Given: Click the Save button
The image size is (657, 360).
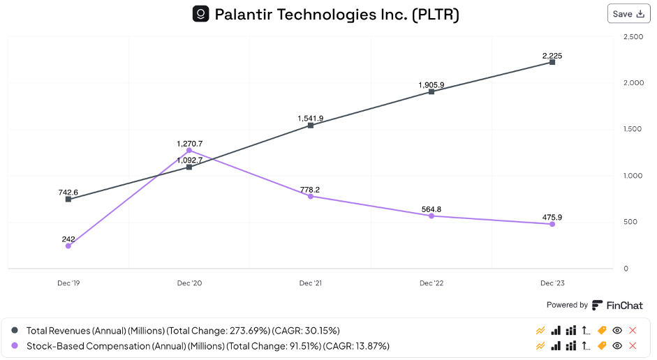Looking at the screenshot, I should pos(628,14).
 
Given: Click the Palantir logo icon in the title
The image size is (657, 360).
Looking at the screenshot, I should pos(201,14).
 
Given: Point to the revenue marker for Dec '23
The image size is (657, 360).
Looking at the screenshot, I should pos(552,62).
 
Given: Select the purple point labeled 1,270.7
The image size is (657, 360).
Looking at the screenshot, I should pos(189,150).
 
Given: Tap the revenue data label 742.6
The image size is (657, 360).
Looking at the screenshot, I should pos(68,192).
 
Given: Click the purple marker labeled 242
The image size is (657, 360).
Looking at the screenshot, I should pos(68,246).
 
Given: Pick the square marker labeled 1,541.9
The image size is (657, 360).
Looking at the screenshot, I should pos(311,126).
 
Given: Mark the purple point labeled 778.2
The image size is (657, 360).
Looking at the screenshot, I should pos(311,196).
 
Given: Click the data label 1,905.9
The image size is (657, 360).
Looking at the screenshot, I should pos(431,85).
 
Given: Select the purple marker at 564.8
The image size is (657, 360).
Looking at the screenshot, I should pos(431,216).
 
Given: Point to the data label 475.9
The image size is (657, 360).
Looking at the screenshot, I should pos(552,217).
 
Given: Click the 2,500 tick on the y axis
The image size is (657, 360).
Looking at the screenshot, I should pos(633,36).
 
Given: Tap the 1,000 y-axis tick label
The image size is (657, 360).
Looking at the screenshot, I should pos(633,176).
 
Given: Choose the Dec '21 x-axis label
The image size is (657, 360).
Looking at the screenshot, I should pos(311,283).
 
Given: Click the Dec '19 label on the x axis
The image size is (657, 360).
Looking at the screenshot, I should pos(68,283).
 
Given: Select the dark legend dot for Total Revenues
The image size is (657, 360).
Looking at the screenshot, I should pos(15,330).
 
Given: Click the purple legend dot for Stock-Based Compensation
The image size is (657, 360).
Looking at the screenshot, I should pos(15,345).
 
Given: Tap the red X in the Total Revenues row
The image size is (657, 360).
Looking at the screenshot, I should pos(633,330).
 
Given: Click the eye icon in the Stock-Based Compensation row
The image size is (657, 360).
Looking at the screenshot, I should pos(617,345).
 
